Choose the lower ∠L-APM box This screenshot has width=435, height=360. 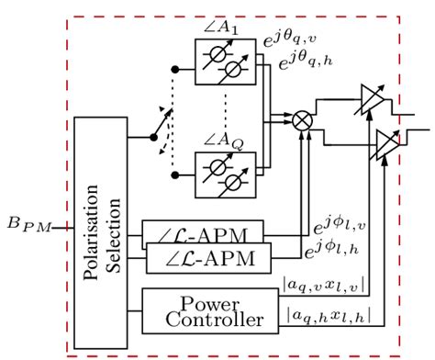tap(210, 258)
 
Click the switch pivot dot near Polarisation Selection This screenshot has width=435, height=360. tap(153, 138)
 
